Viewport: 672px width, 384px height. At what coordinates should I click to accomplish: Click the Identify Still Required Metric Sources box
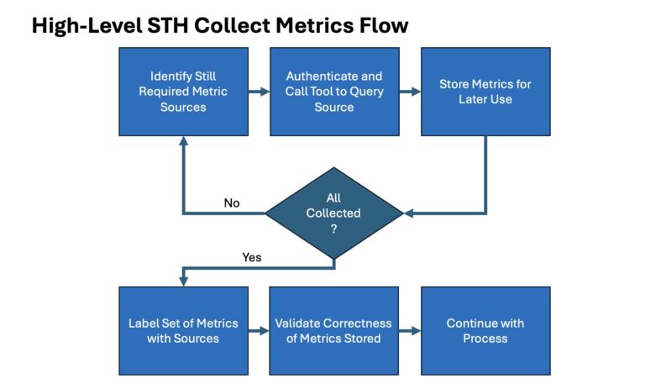[183, 92]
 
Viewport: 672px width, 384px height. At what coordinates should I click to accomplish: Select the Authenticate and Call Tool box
[334, 92]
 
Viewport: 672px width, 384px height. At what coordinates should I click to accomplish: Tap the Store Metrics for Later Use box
[486, 92]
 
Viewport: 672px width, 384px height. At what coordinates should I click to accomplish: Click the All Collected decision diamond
[333, 213]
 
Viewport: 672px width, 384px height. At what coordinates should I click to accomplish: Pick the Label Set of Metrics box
[183, 330]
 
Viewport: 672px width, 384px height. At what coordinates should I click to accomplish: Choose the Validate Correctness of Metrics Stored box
[334, 330]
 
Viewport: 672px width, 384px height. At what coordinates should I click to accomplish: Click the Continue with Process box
[486, 330]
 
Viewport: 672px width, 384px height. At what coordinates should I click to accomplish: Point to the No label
[232, 203]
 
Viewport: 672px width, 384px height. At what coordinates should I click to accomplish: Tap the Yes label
[252, 257]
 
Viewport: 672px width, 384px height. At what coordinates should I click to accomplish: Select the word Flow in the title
[383, 26]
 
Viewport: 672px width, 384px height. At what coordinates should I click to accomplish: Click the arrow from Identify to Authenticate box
[259, 92]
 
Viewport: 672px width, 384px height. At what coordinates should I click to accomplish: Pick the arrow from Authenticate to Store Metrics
[410, 92]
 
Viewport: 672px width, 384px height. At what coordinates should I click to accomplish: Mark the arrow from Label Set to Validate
[259, 331]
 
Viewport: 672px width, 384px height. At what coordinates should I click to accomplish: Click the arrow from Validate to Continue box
[410, 331]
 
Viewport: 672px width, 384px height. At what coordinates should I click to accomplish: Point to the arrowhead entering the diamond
[409, 213]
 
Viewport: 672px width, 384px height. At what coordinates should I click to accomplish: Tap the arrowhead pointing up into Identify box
[183, 142]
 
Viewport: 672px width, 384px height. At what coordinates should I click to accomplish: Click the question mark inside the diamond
[333, 229]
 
